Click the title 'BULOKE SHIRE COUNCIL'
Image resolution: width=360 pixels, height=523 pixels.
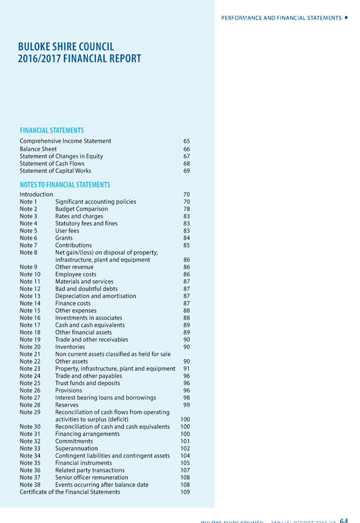[x=66, y=47]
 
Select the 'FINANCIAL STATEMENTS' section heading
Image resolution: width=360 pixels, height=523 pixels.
[x=52, y=130]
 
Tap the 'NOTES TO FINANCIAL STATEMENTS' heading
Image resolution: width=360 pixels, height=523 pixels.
[x=65, y=185]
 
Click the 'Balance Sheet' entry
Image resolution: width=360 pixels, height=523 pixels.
[x=38, y=148]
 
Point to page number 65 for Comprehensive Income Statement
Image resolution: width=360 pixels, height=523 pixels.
[x=187, y=141]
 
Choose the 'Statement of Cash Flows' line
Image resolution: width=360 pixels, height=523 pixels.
[x=52, y=163]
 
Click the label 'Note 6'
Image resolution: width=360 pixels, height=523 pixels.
[x=28, y=238]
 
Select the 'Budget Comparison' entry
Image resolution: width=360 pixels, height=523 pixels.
[x=81, y=209]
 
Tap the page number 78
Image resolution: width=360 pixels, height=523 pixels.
[x=187, y=209]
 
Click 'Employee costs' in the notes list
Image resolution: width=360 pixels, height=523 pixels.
[x=76, y=274]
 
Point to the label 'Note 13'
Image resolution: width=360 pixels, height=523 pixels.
[x=30, y=296]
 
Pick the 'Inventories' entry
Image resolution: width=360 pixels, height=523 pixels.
[x=70, y=347]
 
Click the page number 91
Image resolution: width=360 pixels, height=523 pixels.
[x=187, y=369]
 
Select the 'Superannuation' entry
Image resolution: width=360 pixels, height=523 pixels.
[x=76, y=448]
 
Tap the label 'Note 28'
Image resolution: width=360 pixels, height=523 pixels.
[x=30, y=405]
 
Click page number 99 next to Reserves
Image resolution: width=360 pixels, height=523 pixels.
[x=187, y=405]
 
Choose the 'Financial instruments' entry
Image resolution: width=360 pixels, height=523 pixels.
[x=83, y=463]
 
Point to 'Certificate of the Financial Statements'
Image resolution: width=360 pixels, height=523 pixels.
[x=70, y=492]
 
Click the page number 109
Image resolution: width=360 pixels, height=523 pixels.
[x=185, y=492]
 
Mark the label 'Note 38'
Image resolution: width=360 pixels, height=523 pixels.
[x=30, y=485]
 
